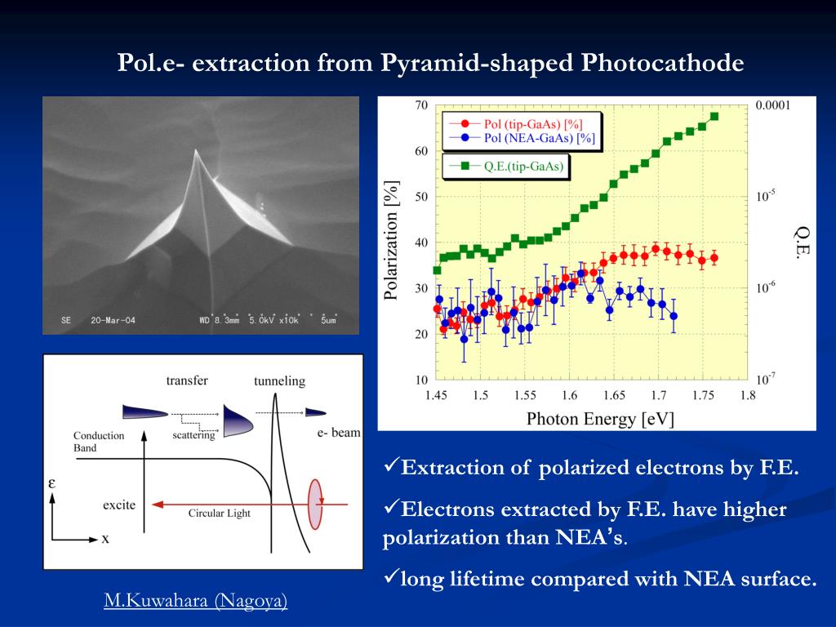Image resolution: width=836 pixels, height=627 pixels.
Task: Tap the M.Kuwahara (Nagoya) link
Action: coord(195,602)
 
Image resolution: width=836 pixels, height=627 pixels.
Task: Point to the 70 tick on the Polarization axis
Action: coord(421,105)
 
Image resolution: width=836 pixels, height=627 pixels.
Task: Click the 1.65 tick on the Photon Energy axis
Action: coord(614,396)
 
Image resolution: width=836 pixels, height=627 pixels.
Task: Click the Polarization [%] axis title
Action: coord(393,241)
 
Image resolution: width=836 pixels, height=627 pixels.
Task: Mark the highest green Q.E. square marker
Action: coord(714,116)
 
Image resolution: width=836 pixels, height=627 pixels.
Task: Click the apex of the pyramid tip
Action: coord(196,154)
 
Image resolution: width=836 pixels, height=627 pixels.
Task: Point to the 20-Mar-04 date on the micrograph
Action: coord(113,320)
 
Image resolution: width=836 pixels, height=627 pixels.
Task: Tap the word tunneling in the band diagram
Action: coord(279,380)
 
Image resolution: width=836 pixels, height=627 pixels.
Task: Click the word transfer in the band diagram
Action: coord(187,380)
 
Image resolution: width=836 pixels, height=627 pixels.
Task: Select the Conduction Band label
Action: coord(99,442)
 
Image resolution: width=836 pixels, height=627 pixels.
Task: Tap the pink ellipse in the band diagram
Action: coord(315,504)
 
